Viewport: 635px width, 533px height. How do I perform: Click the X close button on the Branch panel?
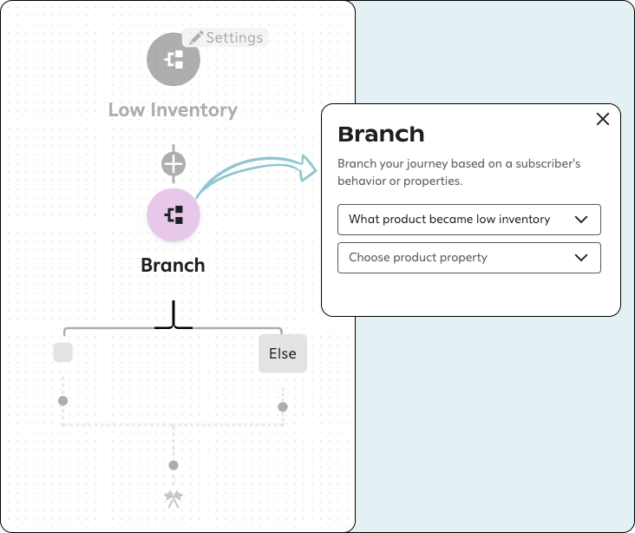(x=603, y=120)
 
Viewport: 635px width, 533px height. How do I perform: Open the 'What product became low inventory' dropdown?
(x=468, y=220)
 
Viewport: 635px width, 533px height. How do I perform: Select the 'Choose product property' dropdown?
(x=468, y=258)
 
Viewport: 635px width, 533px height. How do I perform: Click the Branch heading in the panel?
(x=381, y=135)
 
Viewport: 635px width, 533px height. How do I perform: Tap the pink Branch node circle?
(x=173, y=214)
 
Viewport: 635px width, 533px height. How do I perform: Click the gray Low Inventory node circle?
(x=173, y=59)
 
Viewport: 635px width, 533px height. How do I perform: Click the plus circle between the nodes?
(x=173, y=163)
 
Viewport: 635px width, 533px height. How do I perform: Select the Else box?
(x=283, y=353)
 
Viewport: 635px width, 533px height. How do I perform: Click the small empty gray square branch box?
(x=62, y=352)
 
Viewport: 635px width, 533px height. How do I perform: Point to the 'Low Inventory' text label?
(x=173, y=110)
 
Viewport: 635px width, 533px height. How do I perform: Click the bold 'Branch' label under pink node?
(x=173, y=266)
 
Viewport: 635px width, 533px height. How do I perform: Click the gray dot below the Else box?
(x=283, y=406)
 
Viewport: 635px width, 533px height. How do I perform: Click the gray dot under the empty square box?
(x=62, y=401)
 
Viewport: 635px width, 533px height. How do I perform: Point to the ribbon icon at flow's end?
(x=173, y=498)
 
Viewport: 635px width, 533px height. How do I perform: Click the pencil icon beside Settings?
(x=196, y=37)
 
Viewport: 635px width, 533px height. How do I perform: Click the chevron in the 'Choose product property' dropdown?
(x=582, y=258)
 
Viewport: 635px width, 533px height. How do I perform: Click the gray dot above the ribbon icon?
(x=173, y=465)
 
